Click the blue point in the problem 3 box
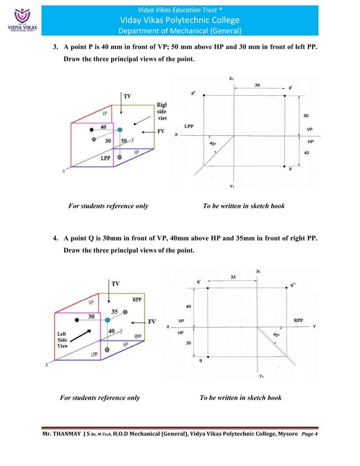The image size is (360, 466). tap(120, 130)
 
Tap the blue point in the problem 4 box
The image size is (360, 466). tap(107, 320)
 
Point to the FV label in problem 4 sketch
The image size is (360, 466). tap(151, 322)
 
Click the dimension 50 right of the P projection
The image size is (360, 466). tap(305, 115)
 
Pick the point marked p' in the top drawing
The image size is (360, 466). tap(284, 95)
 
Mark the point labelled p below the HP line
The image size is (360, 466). tap(284, 167)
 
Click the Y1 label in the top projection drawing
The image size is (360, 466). tap(232, 186)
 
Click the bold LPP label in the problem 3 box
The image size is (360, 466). tap(106, 159)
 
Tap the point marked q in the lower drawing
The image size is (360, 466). tap(208, 357)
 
